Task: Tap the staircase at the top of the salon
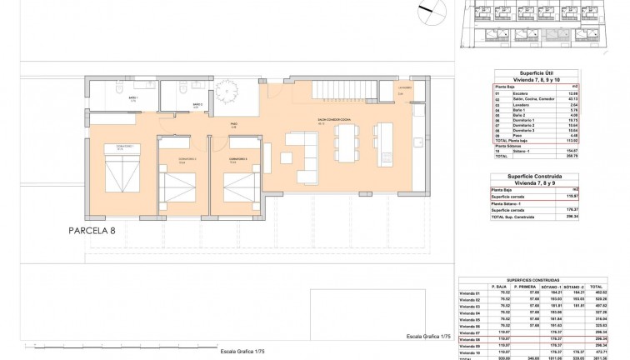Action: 342,90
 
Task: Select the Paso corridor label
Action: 234,126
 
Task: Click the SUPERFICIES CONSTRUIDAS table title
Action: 542,280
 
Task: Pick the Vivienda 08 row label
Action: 472,339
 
